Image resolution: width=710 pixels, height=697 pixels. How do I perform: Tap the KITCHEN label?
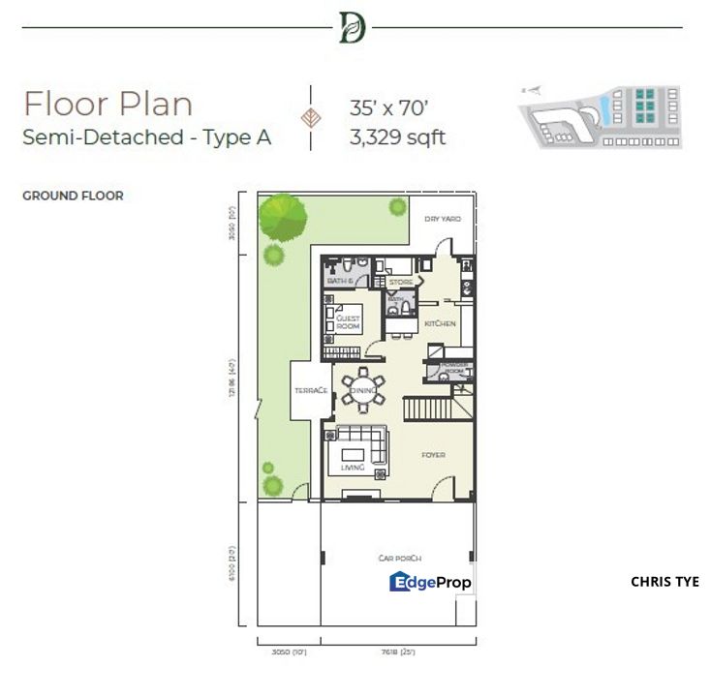(x=439, y=323)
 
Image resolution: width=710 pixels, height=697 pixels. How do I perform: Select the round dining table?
(x=361, y=389)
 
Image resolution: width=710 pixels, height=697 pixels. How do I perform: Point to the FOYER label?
(x=432, y=453)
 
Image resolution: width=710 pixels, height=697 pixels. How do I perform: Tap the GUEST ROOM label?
(x=348, y=322)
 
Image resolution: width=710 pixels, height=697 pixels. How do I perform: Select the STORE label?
(x=401, y=282)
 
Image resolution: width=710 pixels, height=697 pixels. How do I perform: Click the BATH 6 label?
(x=340, y=281)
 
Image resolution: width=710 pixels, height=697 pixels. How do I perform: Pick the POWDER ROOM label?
(x=455, y=368)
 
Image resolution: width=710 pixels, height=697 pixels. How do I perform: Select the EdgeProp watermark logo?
(x=430, y=582)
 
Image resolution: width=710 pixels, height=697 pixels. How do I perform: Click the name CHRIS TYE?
(x=664, y=582)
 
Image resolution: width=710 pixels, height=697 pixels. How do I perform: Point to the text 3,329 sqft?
(x=397, y=137)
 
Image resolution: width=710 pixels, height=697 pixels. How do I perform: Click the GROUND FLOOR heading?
(x=73, y=197)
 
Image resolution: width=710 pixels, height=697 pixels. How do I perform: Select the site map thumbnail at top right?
(x=601, y=116)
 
